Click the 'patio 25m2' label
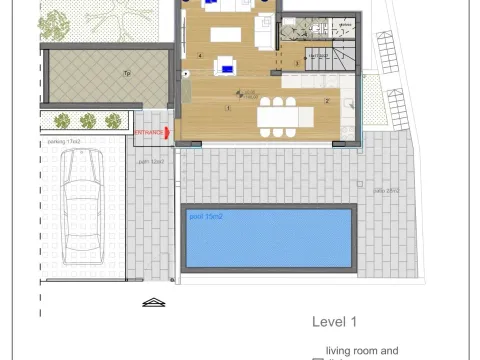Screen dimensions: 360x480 point(385,190)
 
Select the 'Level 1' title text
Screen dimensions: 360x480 point(334,322)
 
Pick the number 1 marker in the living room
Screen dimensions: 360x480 point(228,108)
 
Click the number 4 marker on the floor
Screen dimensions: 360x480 point(200,56)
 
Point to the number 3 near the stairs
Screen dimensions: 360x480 point(297,63)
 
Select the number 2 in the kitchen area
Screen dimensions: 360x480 point(327,101)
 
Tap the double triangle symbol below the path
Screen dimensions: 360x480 point(153,302)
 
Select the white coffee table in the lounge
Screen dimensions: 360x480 point(226,36)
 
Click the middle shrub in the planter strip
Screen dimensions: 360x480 point(87,121)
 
